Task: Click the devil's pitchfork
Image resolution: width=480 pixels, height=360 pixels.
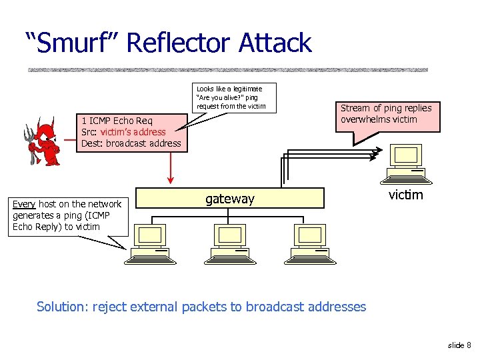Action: tap(30, 144)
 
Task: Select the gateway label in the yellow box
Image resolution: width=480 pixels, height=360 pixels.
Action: tap(229, 199)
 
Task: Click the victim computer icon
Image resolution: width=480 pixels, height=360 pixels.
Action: tap(405, 164)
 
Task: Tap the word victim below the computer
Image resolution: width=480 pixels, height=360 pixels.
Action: tap(405, 195)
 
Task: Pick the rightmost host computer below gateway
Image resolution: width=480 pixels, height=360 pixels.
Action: tap(309, 244)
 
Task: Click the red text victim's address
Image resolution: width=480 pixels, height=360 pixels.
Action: tap(133, 132)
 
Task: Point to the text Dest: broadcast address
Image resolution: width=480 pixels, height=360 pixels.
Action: tap(131, 143)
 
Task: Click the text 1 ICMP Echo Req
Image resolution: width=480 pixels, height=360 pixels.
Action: tap(117, 121)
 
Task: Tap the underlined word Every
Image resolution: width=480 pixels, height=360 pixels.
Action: tap(24, 204)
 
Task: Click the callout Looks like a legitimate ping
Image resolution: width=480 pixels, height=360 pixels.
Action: tap(230, 97)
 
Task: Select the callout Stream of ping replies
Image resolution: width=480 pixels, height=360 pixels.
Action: tap(386, 114)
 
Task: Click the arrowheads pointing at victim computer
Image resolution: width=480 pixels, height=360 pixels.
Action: tap(375, 155)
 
